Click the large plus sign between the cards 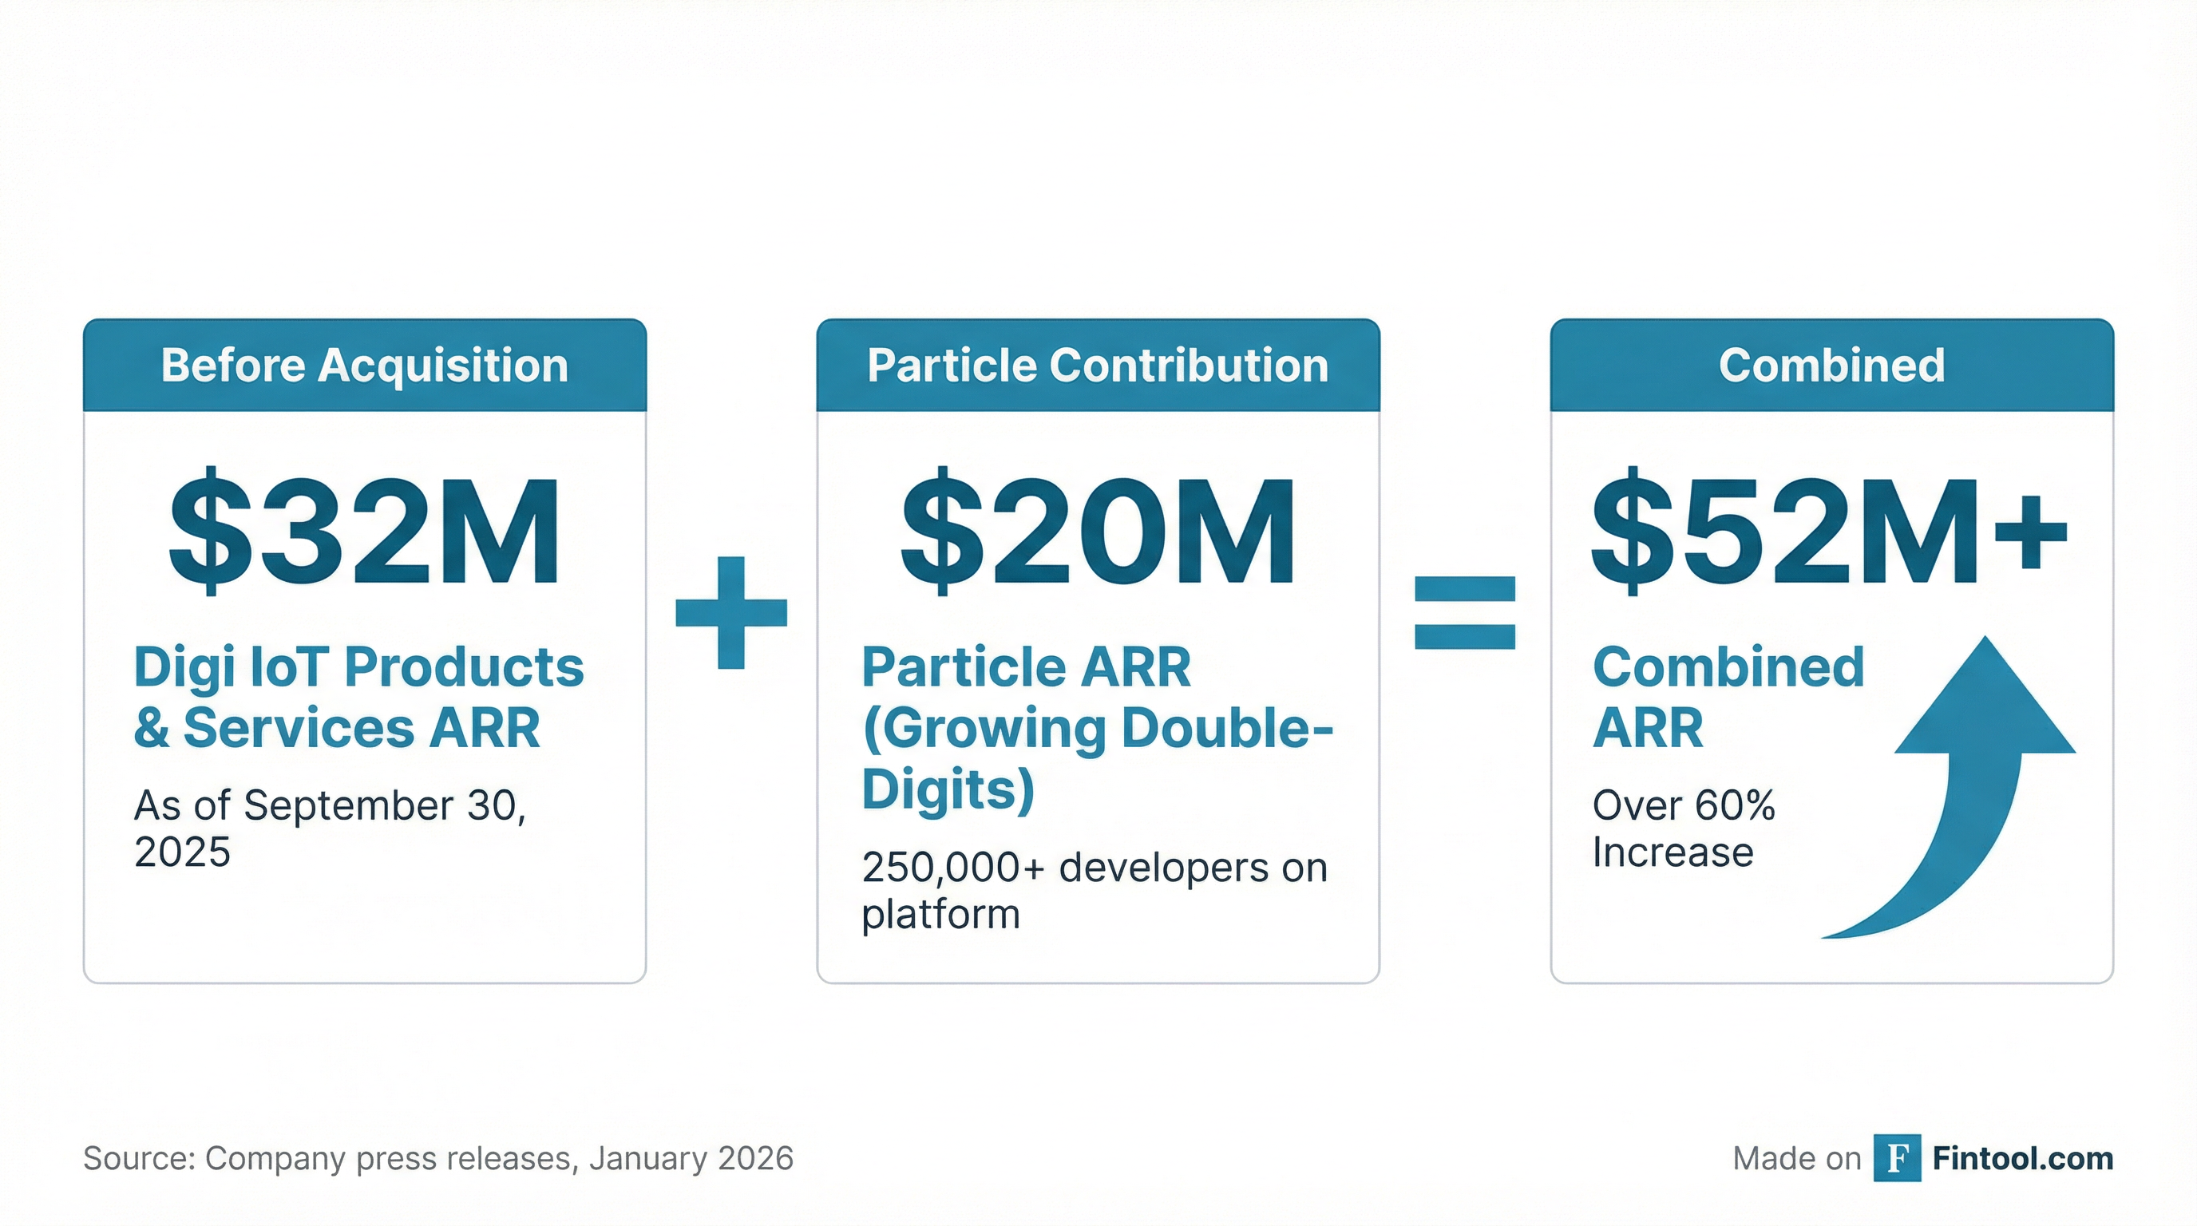(731, 612)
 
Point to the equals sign (1464, 612)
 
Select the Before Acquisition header (364, 366)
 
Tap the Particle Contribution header (1098, 366)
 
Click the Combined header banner (1831, 366)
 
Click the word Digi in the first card (184, 667)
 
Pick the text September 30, (385, 805)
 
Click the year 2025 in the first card (182, 852)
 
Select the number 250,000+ (952, 868)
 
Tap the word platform (940, 915)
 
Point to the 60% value (1734, 805)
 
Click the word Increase (1672, 852)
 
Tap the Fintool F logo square (1897, 1158)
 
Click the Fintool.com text (2022, 1158)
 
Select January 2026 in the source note (691, 1158)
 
